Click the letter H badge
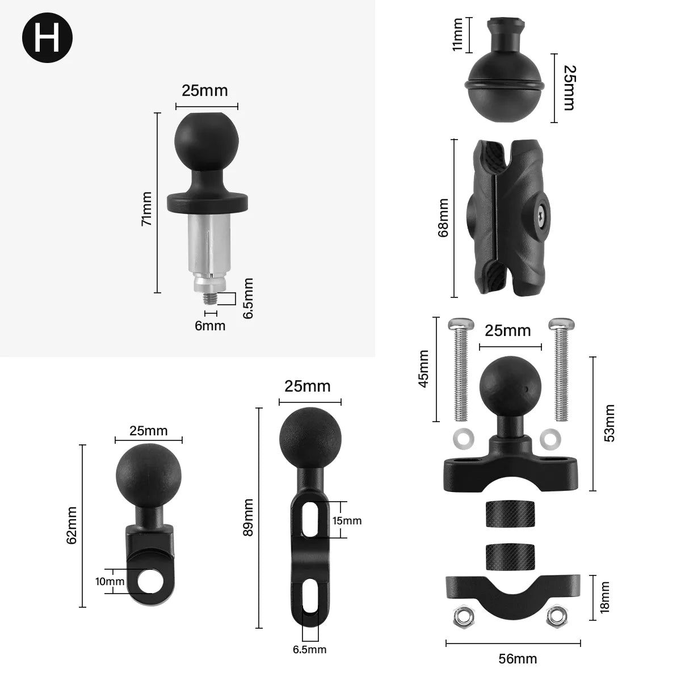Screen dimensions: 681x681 pos(47,38)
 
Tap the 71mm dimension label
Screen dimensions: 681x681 pos(146,209)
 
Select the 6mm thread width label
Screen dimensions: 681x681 pos(211,326)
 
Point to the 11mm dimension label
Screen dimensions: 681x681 pos(457,35)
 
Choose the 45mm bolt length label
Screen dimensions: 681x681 pos(423,369)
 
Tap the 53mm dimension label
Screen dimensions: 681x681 pos(608,423)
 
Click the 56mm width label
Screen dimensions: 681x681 pos(517,659)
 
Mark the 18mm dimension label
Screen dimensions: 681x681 pos(605,597)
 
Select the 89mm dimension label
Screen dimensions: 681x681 pos(248,518)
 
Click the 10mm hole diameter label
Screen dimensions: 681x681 pos(110,582)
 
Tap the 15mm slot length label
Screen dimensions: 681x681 pos(347,520)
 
